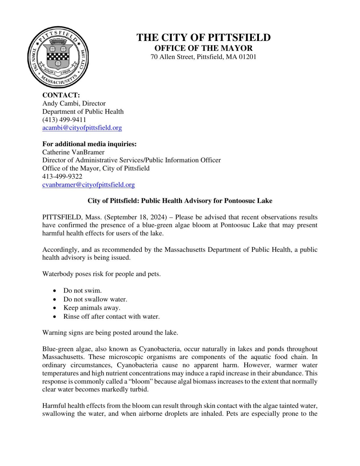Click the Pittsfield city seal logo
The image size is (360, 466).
pyautogui.click(x=58, y=57)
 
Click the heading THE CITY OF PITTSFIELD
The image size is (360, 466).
pyautogui.click(x=203, y=38)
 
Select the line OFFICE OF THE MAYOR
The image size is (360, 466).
pyautogui.click(x=203, y=48)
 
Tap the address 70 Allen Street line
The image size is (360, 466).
pyautogui.click(x=203, y=57)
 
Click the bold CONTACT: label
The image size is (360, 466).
pyautogui.click(x=61, y=95)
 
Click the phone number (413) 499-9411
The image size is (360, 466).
pyautogui.click(x=64, y=119)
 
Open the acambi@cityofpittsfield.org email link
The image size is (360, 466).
pyautogui.click(x=82, y=128)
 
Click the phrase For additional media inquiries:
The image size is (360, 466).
pyautogui.click(x=89, y=144)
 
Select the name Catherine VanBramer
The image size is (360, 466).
pyautogui.click(x=73, y=152)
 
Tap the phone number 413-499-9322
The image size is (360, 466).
pyautogui.click(x=62, y=176)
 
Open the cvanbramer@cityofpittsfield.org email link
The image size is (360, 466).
pyautogui.click(x=89, y=185)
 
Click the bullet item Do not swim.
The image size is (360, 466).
pyautogui.click(x=82, y=290)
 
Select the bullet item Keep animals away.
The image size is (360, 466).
pyautogui.click(x=92, y=308)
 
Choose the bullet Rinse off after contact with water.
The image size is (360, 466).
pyautogui.click(x=111, y=316)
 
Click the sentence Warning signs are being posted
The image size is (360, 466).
pyautogui.click(x=110, y=333)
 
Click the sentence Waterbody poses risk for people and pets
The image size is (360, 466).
pyautogui.click(x=101, y=274)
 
